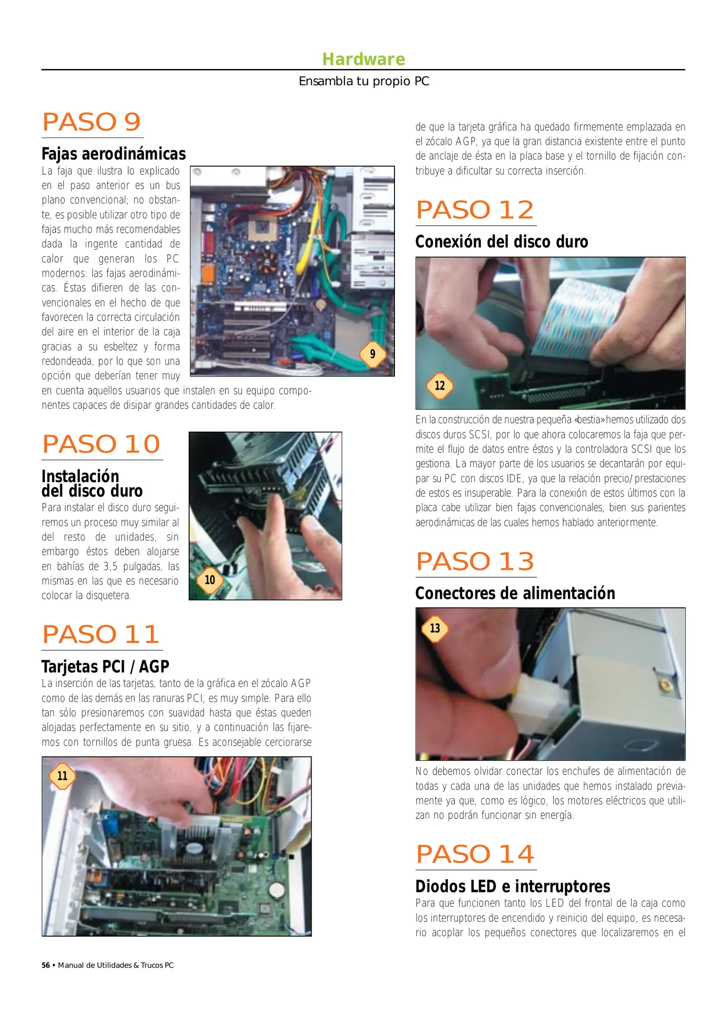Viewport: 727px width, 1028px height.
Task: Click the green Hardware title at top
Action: coord(363,59)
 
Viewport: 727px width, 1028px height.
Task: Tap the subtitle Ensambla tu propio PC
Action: coord(363,81)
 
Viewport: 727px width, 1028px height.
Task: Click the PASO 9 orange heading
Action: coord(91,122)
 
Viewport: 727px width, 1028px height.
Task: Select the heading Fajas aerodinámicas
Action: coord(113,154)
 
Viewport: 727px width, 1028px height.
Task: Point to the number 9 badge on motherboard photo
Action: coord(373,354)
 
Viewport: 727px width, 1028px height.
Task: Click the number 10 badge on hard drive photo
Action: coord(210,580)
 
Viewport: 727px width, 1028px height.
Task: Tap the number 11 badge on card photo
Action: coord(62,776)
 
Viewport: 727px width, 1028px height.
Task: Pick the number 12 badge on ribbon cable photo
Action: coord(440,385)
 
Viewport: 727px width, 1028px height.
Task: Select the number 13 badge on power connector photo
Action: coord(435,628)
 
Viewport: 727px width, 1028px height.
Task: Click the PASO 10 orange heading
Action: coord(101,444)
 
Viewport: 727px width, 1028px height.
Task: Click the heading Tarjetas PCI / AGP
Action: coord(105,666)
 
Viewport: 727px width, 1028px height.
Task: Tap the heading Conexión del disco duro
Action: coord(501,242)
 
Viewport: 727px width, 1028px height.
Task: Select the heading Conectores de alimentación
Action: coord(515,593)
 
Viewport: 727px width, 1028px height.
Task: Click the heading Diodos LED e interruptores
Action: coord(513,886)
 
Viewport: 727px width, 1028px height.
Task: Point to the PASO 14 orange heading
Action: coord(475,854)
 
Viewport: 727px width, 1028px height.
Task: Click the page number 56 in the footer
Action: coord(46,965)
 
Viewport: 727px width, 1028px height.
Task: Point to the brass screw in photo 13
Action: coord(662,685)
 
